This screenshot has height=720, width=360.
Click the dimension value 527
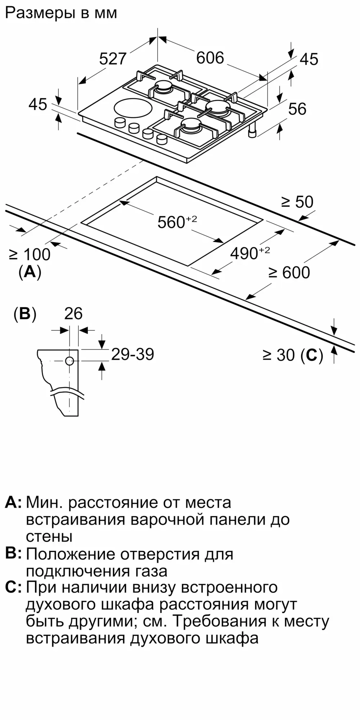click(x=113, y=59)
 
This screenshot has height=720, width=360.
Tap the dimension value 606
click(x=210, y=58)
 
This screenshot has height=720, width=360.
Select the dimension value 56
click(x=297, y=109)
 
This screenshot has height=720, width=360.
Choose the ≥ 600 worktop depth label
click(x=289, y=273)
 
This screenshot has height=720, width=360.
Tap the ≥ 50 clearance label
click(x=297, y=202)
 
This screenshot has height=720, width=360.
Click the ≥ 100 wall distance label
click(x=30, y=255)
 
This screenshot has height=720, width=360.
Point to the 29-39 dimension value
click(x=132, y=354)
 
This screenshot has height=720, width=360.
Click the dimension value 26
click(x=73, y=314)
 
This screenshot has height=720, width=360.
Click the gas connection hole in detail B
click(x=69, y=361)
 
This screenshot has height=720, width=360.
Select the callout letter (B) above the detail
click(x=25, y=314)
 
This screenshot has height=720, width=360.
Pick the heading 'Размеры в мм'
click(x=61, y=13)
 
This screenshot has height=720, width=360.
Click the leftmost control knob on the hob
click(x=119, y=122)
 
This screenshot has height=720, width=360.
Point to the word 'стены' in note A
click(x=49, y=536)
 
